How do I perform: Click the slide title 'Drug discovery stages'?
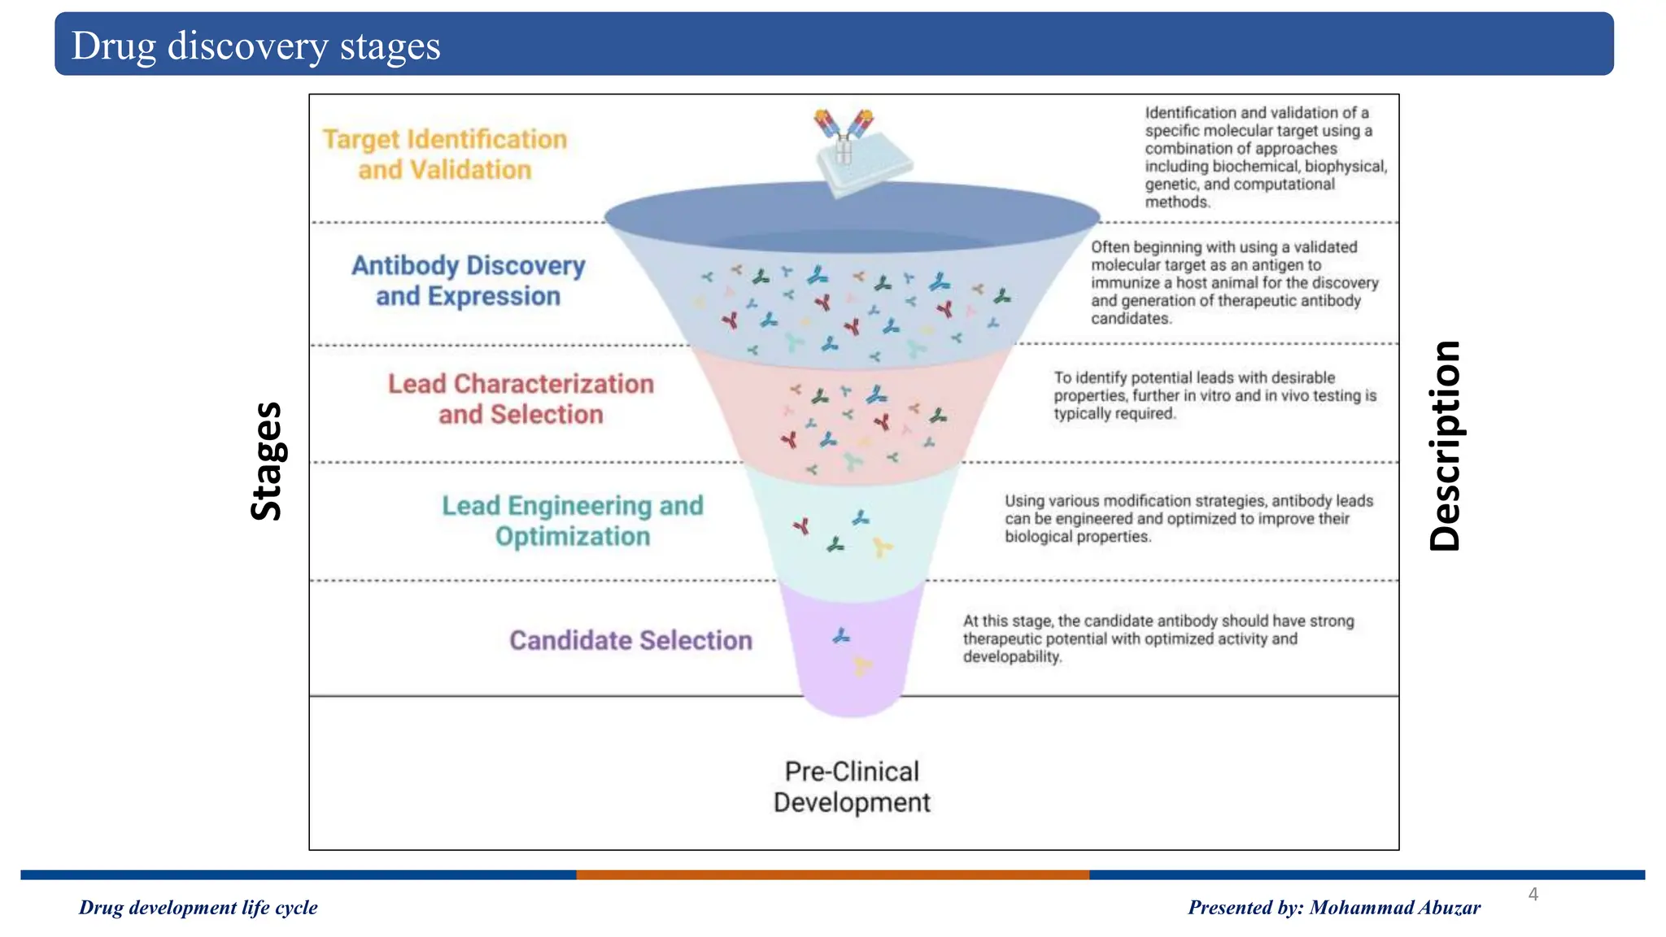pos(255,46)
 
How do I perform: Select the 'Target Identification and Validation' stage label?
pos(444,155)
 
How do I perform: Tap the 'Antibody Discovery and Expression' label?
pos(468,281)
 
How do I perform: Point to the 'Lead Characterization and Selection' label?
pos(521,399)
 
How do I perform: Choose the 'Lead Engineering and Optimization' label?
pos(572,521)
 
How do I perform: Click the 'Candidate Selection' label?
pos(630,640)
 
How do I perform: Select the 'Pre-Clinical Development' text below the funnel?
pos(852,787)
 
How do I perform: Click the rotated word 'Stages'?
pos(266,460)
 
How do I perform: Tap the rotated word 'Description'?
pos(1445,446)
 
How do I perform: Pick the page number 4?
pos(1533,894)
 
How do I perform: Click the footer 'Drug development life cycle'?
pos(198,908)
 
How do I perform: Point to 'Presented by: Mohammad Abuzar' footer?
pos(1334,908)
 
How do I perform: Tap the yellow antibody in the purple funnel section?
pos(861,667)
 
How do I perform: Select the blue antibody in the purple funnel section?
pos(841,636)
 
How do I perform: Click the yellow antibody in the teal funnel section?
pos(881,547)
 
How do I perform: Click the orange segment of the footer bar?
pos(832,875)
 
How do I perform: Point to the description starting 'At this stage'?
pos(1158,638)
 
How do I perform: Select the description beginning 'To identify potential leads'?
pos(1215,395)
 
